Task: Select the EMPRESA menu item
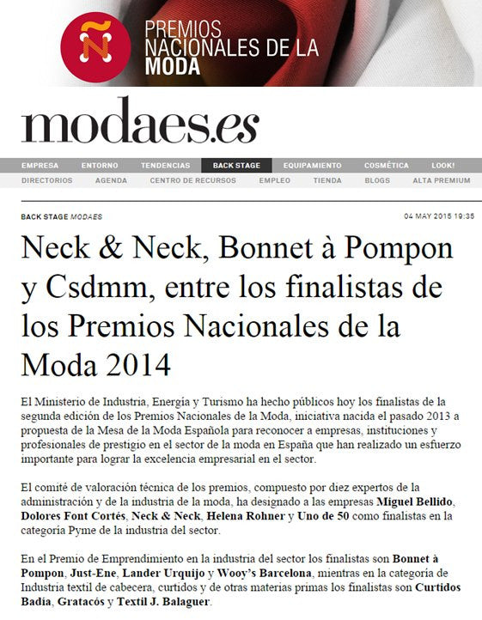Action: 40,166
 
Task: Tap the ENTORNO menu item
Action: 100,166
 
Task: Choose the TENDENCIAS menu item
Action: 165,166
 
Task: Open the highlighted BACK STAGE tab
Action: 236,166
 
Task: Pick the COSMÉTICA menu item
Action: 387,166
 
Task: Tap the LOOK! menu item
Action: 443,166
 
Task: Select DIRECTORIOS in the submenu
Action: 46,181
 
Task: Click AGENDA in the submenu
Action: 112,181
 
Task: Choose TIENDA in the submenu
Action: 327,181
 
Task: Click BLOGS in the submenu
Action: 377,181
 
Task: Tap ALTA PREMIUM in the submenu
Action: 441,181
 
